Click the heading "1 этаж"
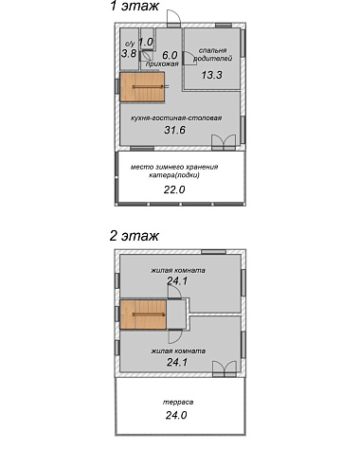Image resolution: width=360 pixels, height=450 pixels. tap(135, 7)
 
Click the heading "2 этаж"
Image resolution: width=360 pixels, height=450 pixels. tap(135, 236)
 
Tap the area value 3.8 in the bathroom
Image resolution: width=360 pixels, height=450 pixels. tap(129, 54)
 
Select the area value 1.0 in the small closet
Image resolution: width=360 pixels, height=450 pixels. tap(146, 42)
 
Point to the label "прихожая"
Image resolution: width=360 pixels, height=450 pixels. tap(162, 64)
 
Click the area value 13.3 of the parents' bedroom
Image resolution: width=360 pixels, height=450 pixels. tap(212, 75)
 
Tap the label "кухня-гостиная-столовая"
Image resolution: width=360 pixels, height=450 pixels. tap(176, 118)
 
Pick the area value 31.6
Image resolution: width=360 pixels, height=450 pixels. tap(174, 130)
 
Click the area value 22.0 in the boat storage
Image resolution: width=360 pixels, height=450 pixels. tap(174, 189)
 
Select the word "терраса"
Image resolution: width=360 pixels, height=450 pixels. tap(178, 403)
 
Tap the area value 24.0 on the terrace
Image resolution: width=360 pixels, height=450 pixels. tap(176, 415)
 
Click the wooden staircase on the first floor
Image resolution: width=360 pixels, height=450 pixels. tap(142, 87)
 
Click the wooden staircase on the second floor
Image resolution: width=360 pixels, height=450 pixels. tap(143, 315)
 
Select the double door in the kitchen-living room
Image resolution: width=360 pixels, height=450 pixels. tap(224, 142)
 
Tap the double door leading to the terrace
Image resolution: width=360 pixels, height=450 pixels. tap(225, 369)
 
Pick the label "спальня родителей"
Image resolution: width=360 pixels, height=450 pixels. tap(213, 54)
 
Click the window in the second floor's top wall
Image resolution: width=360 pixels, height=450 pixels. tap(214, 252)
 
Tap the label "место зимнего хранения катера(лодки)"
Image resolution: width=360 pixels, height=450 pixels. tap(174, 171)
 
